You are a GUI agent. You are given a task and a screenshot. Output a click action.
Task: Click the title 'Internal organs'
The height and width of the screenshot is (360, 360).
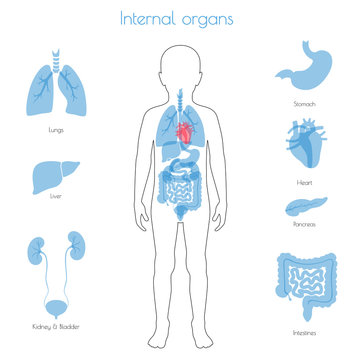pos(179,18)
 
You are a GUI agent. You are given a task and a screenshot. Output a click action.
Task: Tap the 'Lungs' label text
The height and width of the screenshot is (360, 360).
pos(56,129)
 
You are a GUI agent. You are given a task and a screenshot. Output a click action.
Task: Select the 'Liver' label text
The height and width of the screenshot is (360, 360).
pos(56,211)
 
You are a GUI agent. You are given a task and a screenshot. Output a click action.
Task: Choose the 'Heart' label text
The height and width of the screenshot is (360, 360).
pos(305,183)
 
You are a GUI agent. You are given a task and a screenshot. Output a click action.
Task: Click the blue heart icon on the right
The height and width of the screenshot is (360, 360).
pos(304,146)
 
